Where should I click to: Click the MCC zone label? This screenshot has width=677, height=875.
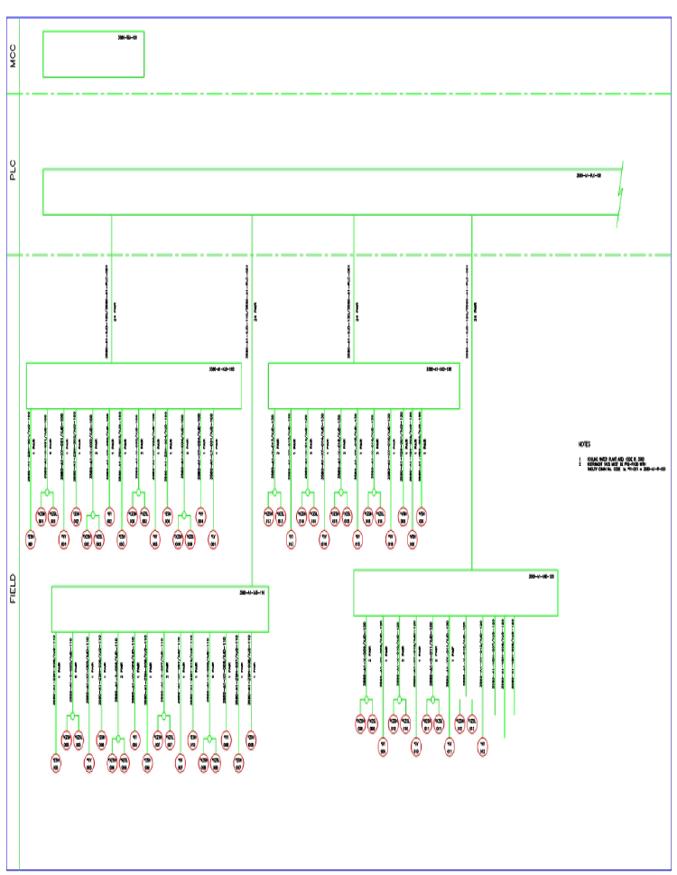pyautogui.click(x=13, y=57)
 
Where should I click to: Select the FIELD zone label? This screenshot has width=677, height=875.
pyautogui.click(x=13, y=588)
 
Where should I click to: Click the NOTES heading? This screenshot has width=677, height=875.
pyautogui.click(x=585, y=444)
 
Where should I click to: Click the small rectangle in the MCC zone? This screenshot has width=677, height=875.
pyautogui.click(x=94, y=55)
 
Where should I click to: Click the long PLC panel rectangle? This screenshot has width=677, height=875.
pyautogui.click(x=325, y=191)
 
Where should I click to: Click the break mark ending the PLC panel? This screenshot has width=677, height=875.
pyautogui.click(x=620, y=191)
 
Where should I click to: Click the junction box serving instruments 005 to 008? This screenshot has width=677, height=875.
pyautogui.click(x=160, y=609)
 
